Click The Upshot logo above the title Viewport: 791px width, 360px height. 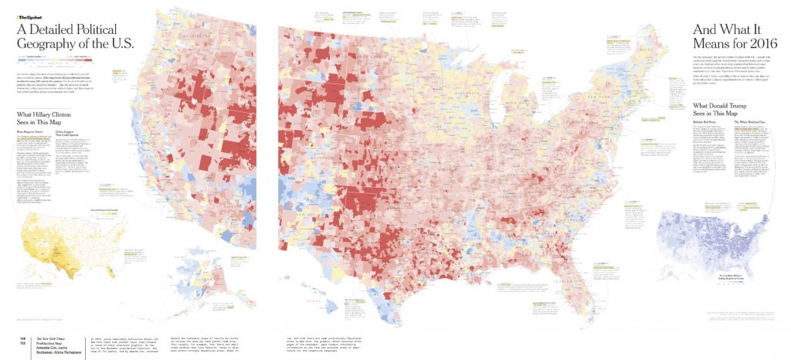tap(29, 15)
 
